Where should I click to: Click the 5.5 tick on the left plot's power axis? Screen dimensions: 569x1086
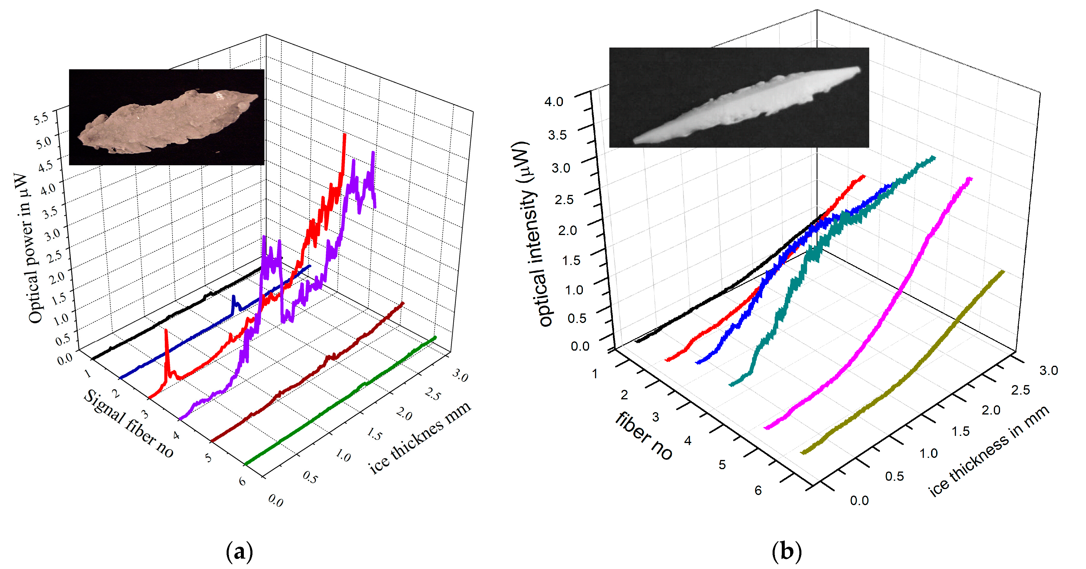click(x=41, y=119)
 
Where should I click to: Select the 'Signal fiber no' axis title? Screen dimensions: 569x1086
click(x=128, y=423)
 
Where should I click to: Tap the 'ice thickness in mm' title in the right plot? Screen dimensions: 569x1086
click(x=989, y=451)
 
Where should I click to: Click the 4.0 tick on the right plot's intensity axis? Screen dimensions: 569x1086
click(x=553, y=102)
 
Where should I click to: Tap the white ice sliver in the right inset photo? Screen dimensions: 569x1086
click(x=746, y=105)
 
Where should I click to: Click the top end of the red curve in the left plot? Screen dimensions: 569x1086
click(x=345, y=135)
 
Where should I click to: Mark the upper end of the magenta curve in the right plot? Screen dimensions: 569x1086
click(x=971, y=179)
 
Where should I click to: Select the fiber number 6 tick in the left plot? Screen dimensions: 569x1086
click(x=242, y=481)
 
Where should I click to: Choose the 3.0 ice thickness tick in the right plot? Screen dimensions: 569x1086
click(x=1048, y=371)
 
